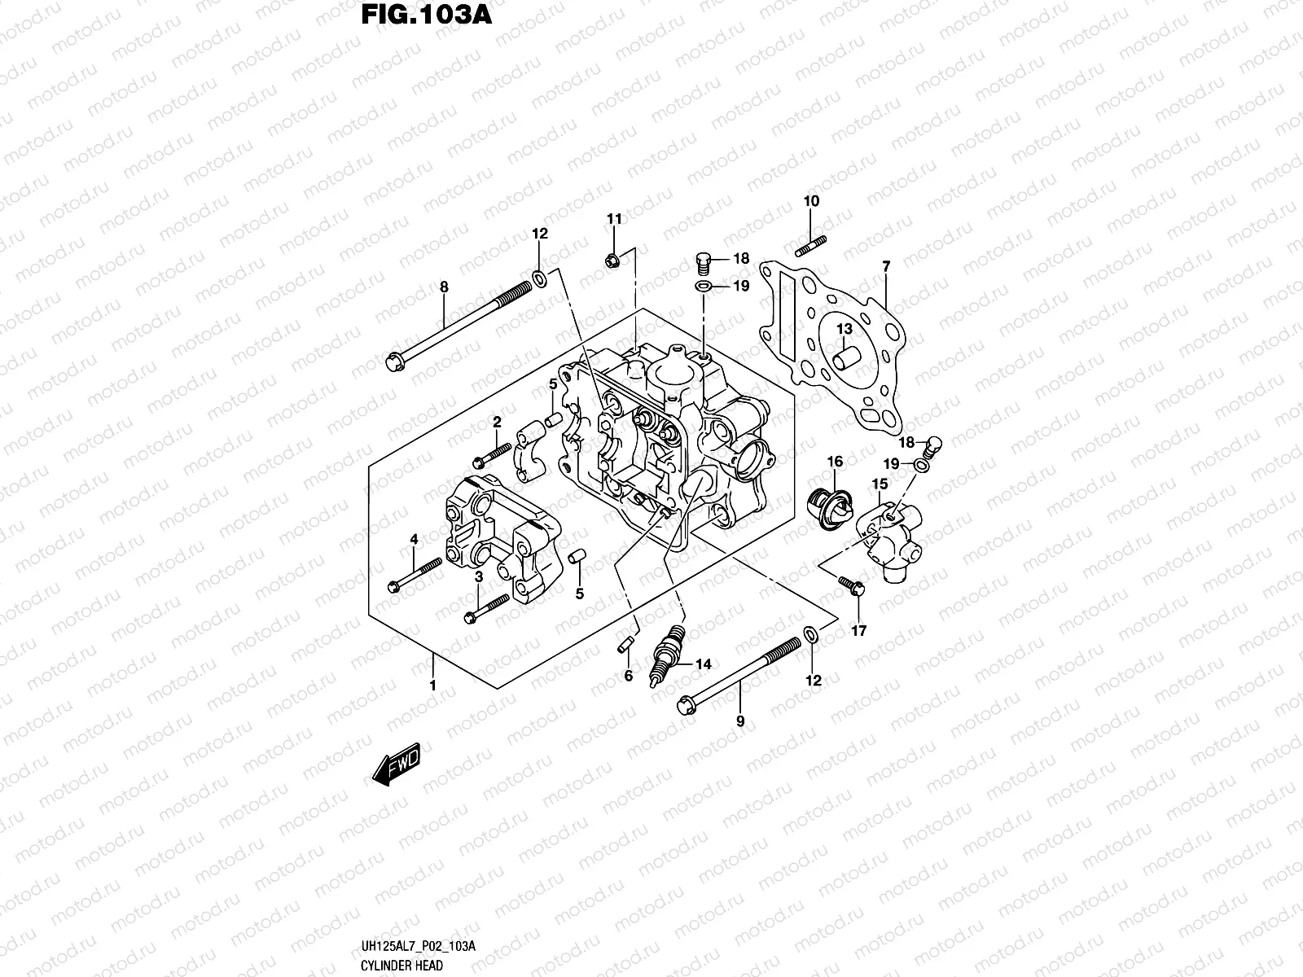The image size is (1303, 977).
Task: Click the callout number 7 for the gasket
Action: point(886,266)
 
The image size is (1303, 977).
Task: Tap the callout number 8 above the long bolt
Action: point(444,287)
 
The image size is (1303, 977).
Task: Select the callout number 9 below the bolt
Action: point(739,721)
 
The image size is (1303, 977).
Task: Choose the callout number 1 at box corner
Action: point(433,686)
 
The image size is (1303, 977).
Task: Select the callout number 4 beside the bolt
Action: point(414,539)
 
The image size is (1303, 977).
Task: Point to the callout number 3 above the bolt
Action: point(480,576)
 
